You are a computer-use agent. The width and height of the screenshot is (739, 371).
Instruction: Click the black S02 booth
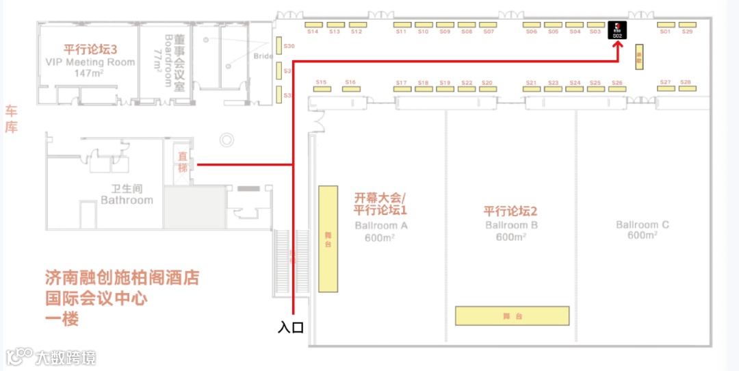pos(617,31)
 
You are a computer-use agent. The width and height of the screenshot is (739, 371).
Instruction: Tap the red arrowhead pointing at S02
pos(618,45)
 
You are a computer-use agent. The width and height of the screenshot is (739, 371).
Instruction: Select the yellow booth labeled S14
pos(313,25)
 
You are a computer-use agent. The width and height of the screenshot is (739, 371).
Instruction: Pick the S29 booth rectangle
pos(687,25)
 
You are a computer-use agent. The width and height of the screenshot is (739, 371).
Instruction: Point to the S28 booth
pos(686,88)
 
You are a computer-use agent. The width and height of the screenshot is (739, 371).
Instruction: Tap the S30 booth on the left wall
pos(279,47)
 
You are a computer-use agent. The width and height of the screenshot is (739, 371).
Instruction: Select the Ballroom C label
pos(643,225)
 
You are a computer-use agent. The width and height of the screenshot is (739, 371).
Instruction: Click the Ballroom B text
pos(511,225)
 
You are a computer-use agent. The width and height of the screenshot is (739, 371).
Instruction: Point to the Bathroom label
pos(127,201)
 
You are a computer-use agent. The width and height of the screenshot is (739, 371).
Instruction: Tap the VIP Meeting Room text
pos(90,62)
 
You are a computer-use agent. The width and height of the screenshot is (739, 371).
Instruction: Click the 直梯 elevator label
pos(183,162)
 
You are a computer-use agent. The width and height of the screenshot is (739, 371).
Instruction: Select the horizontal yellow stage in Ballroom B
pos(513,316)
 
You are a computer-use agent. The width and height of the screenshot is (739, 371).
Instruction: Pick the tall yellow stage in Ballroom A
pos(328,239)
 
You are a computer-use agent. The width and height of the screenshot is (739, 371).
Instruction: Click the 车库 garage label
pos(12,118)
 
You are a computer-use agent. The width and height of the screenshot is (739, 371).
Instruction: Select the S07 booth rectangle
pos(488,25)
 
